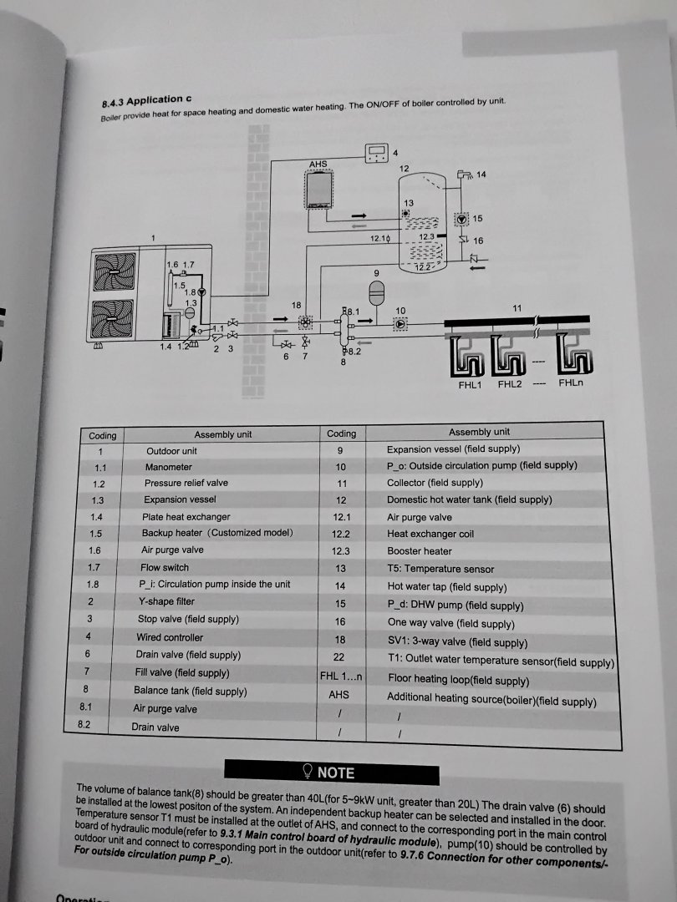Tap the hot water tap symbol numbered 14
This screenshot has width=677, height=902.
coord(464,175)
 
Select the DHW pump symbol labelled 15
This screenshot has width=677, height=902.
coord(461,219)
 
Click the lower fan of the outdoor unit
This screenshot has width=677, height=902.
coord(113,317)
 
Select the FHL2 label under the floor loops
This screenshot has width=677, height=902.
coord(509,385)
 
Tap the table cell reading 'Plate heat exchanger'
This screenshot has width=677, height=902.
coord(186,517)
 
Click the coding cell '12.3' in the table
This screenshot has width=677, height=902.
coord(340,551)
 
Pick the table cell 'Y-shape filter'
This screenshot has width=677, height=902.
coord(166,601)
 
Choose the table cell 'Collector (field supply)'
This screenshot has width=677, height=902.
coord(435,483)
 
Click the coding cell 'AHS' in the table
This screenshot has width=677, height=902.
coord(338,694)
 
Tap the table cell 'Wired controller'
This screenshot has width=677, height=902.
coord(170,637)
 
